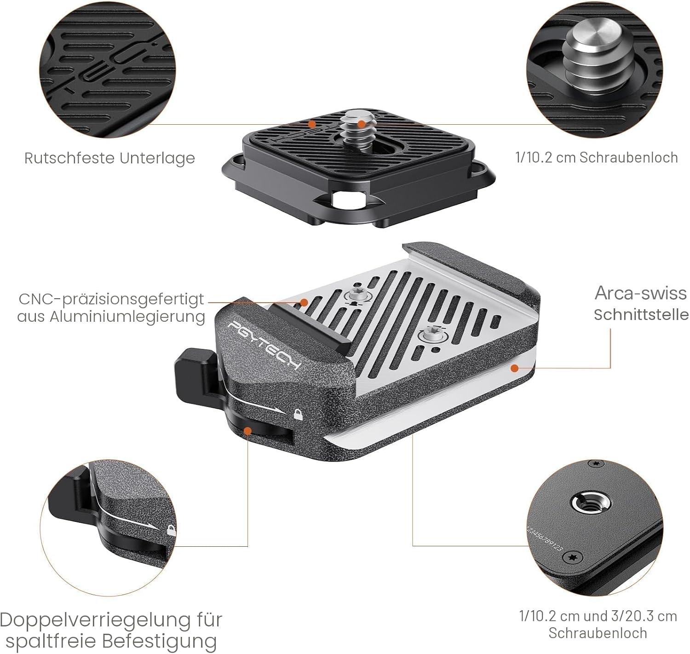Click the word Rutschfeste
pos(69,158)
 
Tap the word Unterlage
pos(157,158)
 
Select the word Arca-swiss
pos(640,293)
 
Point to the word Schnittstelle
pos(641,315)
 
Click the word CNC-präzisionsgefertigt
pos(111,300)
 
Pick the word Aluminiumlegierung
pos(127,317)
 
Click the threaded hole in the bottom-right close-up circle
pos(591,505)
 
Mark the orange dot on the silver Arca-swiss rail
pos(514,368)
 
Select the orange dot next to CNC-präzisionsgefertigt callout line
pos(304,302)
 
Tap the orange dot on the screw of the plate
pos(361,124)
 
